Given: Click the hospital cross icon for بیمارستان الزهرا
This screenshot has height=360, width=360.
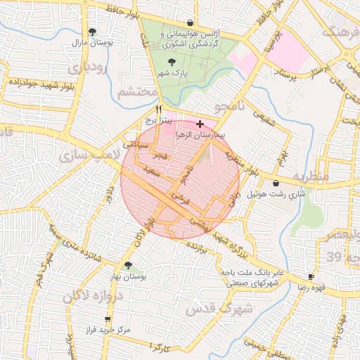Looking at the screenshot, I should (x=201, y=123).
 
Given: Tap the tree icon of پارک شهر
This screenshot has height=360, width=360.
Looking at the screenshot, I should (x=162, y=62).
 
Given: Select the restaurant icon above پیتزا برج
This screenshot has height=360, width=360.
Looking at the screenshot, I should (x=158, y=110).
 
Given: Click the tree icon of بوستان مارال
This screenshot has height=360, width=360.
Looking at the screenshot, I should (x=92, y=32).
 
